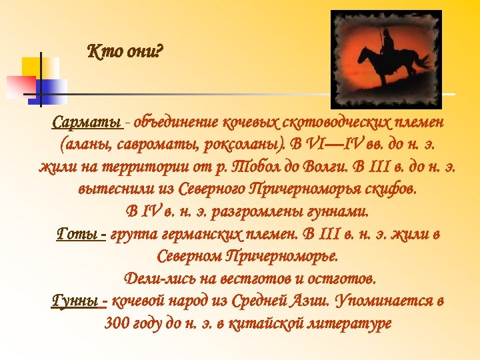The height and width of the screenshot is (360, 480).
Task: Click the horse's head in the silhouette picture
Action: tap(363, 55)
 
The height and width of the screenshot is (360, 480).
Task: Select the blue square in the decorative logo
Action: tap(53, 86)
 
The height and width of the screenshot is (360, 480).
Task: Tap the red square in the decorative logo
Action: tap(20, 85)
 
